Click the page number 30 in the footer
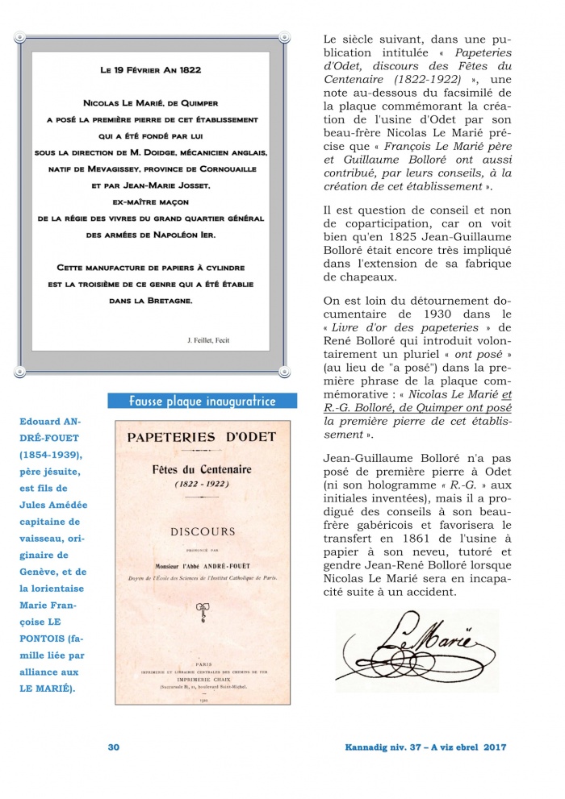pos(114,747)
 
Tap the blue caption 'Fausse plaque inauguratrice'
pos(203,402)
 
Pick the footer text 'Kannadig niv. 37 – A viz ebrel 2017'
pos(420,747)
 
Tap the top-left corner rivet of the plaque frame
pos(19,37)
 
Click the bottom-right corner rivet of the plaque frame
pos(283,372)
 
